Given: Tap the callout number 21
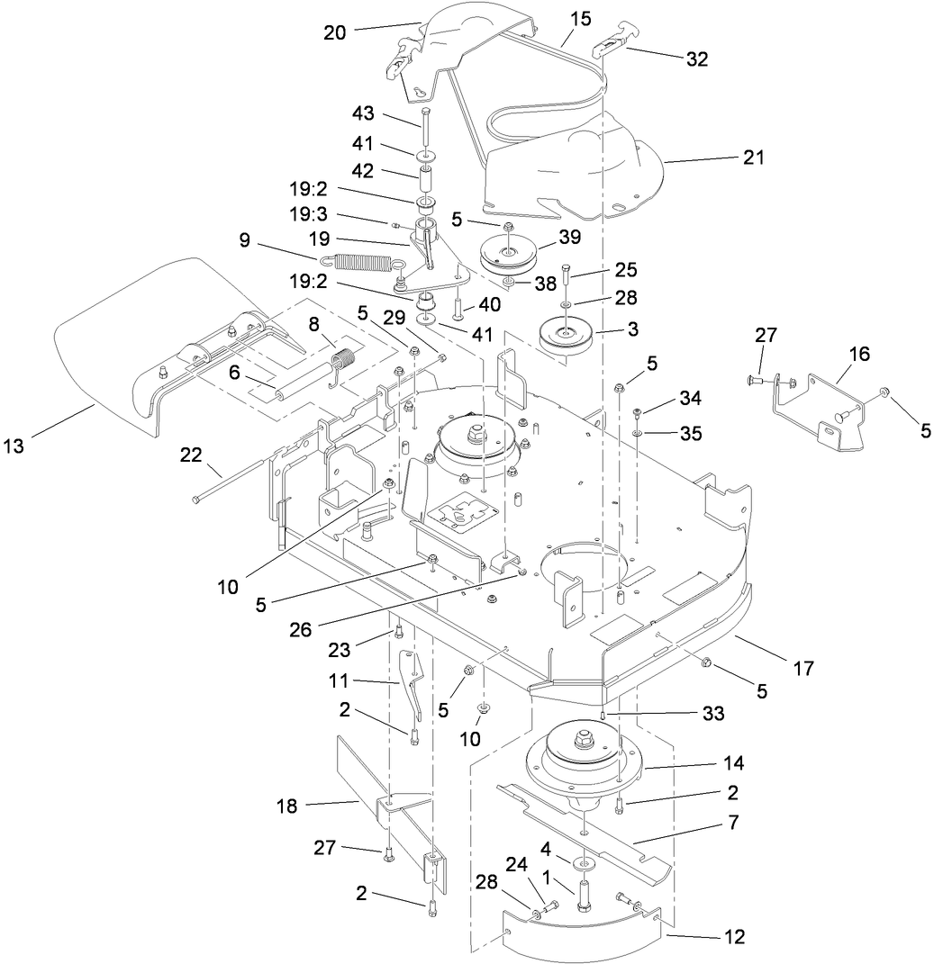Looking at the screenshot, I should (x=753, y=158).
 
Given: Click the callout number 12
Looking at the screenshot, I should (x=734, y=937).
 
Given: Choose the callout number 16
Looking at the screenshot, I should (x=859, y=354).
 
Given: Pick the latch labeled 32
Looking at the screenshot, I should (x=611, y=52).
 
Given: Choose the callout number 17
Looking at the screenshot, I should (x=803, y=668).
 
